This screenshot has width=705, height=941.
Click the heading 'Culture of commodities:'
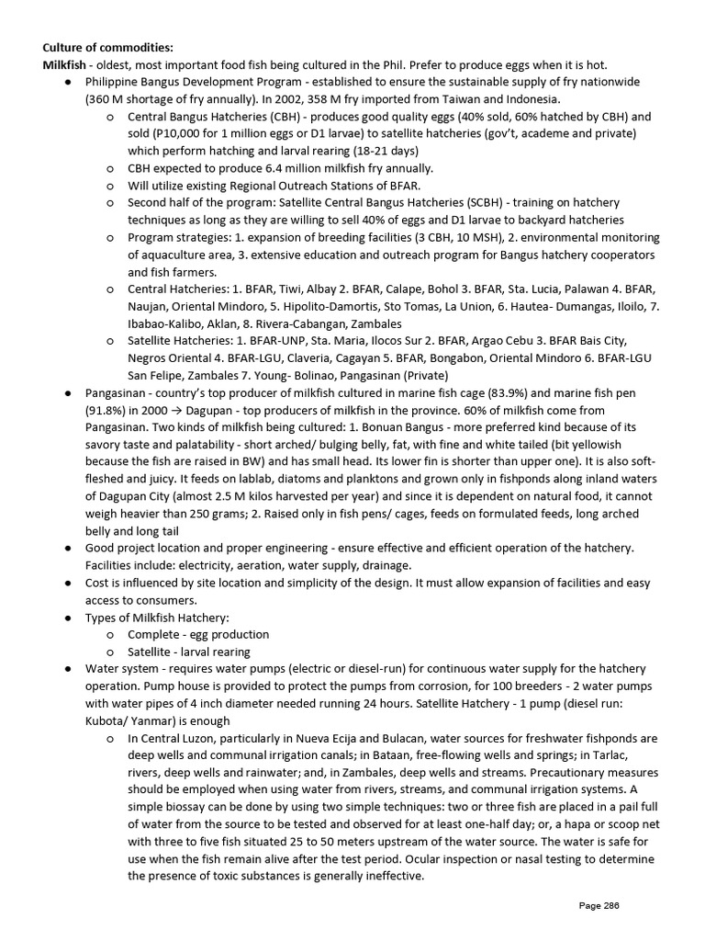(x=106, y=47)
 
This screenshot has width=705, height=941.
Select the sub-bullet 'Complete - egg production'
(x=198, y=634)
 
